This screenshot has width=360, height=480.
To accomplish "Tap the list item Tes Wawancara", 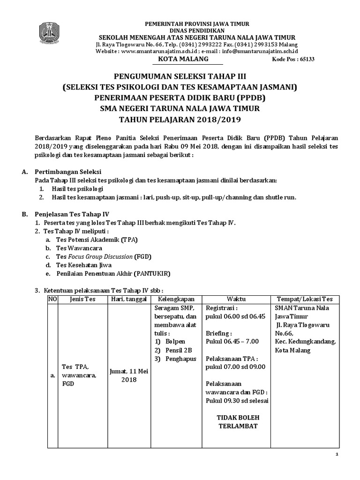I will point(79,248).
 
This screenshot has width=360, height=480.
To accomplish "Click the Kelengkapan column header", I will point(176,299).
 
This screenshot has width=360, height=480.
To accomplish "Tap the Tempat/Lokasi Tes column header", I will point(305,299).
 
